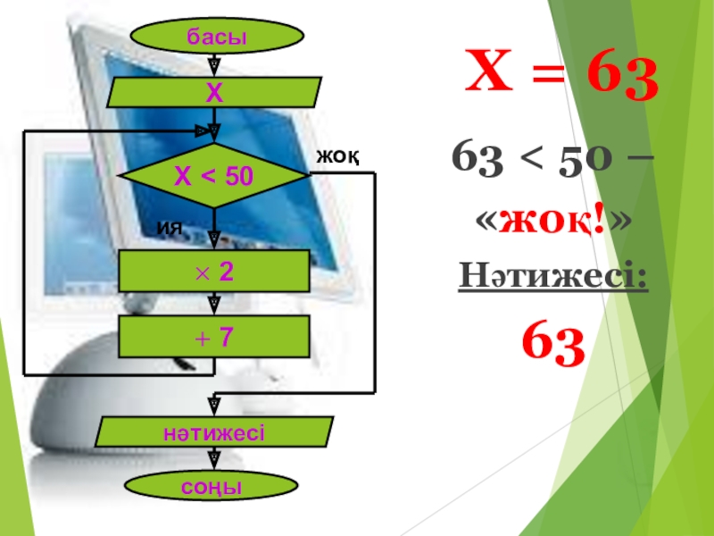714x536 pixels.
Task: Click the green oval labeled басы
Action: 215,37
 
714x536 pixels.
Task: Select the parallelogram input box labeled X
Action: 214,92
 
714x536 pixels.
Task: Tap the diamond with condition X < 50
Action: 214,176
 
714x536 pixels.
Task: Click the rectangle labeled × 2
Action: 214,272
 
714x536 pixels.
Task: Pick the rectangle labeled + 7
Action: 214,336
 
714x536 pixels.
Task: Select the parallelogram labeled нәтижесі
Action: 214,432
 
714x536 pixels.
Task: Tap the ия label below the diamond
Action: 169,228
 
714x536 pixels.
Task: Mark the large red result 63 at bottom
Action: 552,345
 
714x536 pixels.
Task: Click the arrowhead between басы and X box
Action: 214,66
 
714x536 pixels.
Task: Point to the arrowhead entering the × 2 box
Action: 214,239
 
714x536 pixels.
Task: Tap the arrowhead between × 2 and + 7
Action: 214,304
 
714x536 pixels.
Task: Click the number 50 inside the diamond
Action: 237,177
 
